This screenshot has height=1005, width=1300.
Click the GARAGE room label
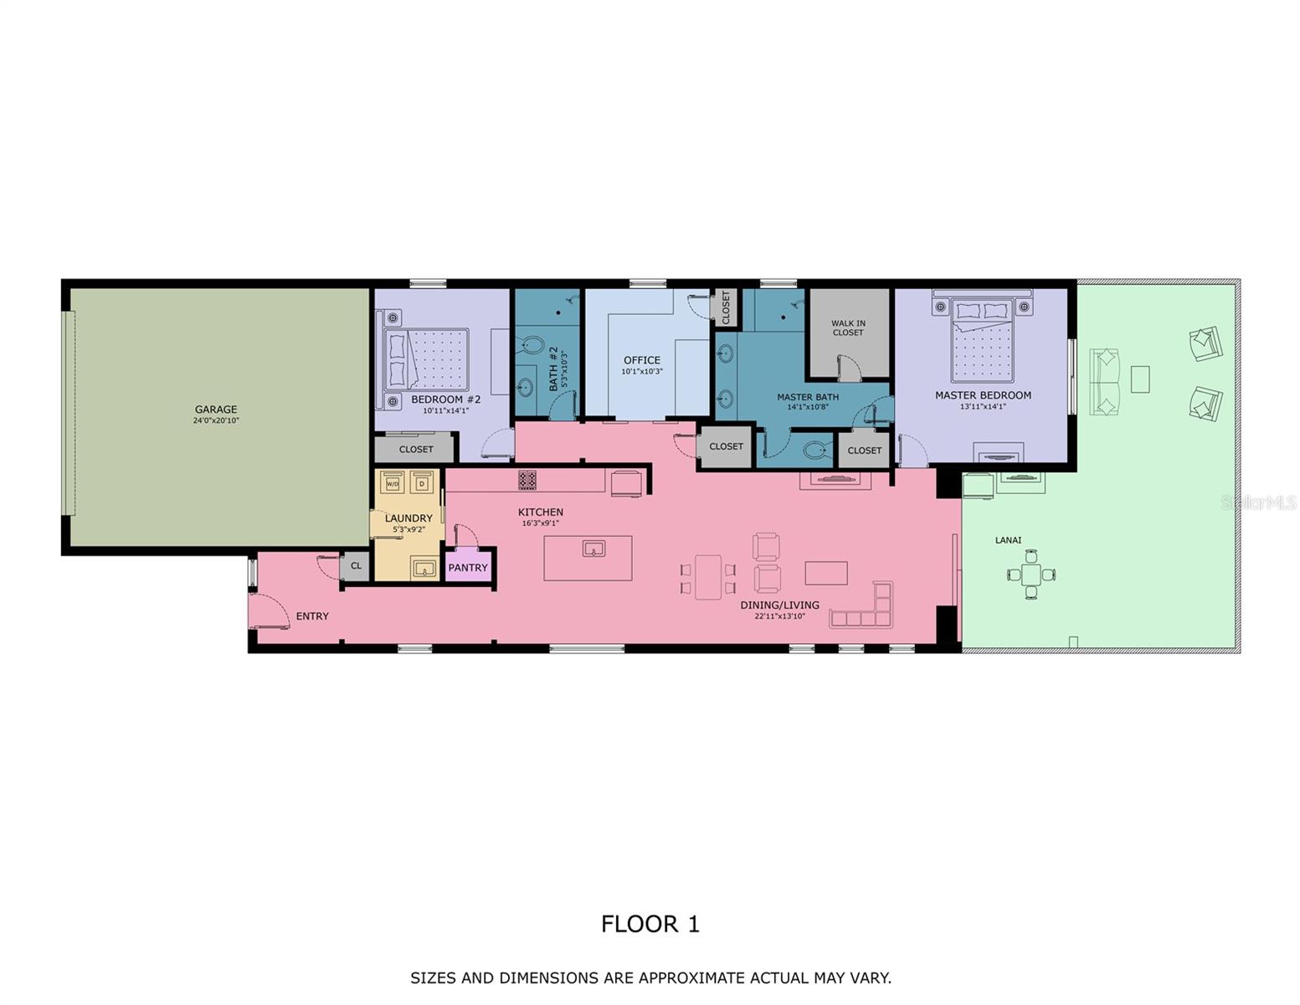point(216,410)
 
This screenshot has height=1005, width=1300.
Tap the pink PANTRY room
point(468,567)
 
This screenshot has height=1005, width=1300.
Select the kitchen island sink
point(593,549)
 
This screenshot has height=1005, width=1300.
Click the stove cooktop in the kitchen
point(527,480)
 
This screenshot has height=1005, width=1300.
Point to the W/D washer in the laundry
point(393,483)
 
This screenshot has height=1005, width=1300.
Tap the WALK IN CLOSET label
point(848,327)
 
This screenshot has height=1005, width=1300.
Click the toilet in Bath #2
point(531,344)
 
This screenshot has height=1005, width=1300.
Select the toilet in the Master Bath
point(815,451)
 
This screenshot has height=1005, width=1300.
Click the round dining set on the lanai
point(1031,575)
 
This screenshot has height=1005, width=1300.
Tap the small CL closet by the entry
point(356,566)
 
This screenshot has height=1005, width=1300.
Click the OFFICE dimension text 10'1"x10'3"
point(642,371)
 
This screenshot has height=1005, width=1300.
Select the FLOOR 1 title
point(650,924)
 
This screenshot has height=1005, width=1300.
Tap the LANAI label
point(1008,540)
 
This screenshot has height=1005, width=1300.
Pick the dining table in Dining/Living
point(708,577)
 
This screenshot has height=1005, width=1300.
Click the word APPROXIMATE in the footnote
point(691,977)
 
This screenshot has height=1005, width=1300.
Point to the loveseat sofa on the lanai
point(1104,382)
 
